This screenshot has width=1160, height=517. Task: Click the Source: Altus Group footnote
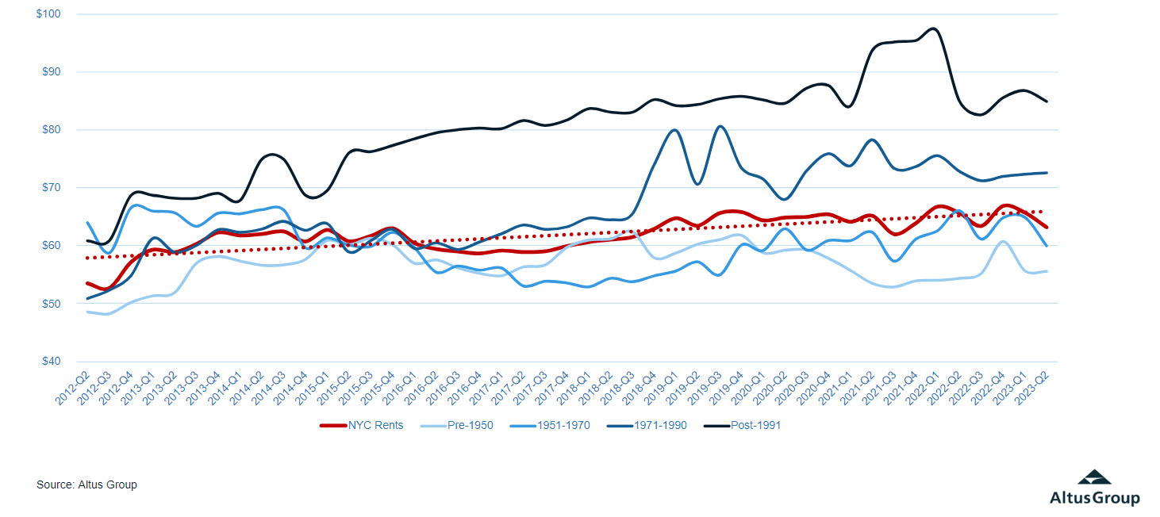coord(86,484)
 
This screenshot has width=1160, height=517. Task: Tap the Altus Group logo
coord(1094,488)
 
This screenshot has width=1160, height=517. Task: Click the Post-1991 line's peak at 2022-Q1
coord(934,29)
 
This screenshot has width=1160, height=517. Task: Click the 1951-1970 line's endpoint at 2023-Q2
coord(1047,246)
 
